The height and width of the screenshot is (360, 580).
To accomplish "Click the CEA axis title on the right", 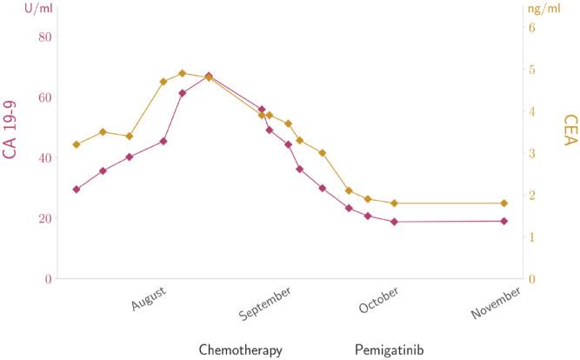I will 570,134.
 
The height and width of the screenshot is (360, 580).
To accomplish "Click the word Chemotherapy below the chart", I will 241,350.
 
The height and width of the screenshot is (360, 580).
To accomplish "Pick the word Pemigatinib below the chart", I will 390,350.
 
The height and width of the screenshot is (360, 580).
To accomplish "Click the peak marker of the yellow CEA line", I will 182,73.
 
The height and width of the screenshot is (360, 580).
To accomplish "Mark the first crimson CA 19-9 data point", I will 77,189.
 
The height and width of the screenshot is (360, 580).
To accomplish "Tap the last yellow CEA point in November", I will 503,203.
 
